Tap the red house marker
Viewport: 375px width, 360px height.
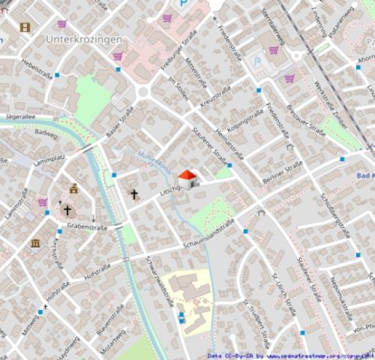tap(187, 178)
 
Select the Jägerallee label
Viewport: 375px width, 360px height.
tap(19, 116)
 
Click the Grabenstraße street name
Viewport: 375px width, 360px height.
tap(87, 226)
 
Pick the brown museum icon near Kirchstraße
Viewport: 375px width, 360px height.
tap(35, 243)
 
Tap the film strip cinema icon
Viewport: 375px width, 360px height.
tap(25, 28)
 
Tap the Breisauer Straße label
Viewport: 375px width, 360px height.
tap(307, 119)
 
